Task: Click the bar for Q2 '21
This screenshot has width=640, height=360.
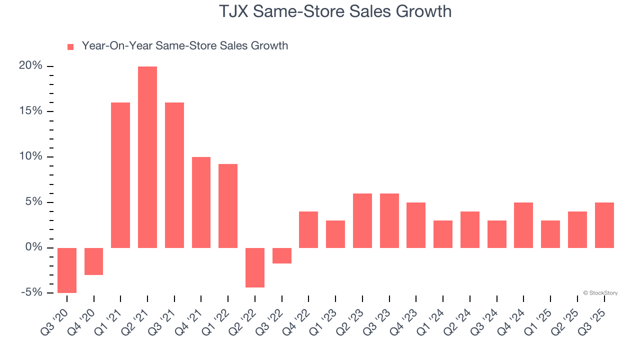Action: pos(147,157)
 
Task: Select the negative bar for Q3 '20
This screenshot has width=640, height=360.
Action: pos(67,270)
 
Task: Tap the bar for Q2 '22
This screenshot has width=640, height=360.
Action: pos(255,267)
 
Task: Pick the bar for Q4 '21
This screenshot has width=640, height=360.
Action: pos(201,202)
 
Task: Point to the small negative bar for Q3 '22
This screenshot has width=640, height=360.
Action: pos(282,255)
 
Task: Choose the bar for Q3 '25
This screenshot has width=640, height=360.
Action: pos(604,225)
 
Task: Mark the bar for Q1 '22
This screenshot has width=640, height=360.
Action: pos(228,206)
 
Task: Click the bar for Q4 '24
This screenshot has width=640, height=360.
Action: pos(523,225)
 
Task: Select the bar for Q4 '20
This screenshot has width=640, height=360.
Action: pos(93,261)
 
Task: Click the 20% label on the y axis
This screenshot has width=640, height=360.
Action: pos(31,66)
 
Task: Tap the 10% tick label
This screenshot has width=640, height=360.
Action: pos(31,156)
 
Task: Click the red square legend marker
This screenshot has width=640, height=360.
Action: pos(70,46)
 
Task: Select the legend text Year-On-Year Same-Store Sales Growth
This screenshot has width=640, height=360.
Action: pos(184,46)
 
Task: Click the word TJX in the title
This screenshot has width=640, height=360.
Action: pos(235,11)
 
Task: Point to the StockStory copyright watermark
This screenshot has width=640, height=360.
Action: pos(600,293)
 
